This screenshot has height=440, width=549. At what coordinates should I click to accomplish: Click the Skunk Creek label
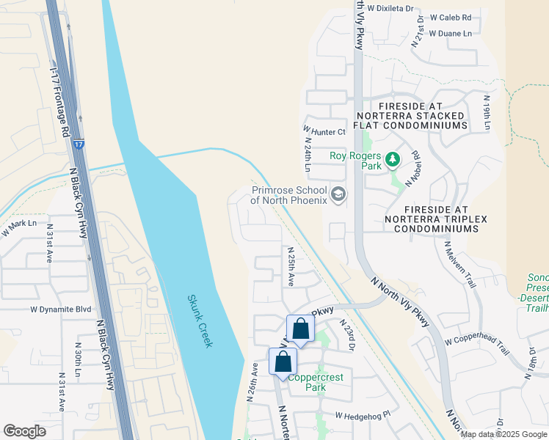[x=200, y=321]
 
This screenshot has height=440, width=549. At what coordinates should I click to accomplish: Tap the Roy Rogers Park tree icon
[x=393, y=158]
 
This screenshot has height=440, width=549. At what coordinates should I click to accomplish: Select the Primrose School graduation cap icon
[x=338, y=194]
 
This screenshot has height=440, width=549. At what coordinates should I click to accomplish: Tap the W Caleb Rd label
[x=451, y=17]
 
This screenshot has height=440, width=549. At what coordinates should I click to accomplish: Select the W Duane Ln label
[x=451, y=33]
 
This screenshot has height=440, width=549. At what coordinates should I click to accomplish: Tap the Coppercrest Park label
[x=316, y=382]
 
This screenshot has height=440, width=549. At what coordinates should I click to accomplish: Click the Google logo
[x=24, y=431]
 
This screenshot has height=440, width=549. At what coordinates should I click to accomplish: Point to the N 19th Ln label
[x=486, y=112]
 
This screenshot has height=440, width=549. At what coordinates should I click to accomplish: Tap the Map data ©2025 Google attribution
[x=504, y=434]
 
